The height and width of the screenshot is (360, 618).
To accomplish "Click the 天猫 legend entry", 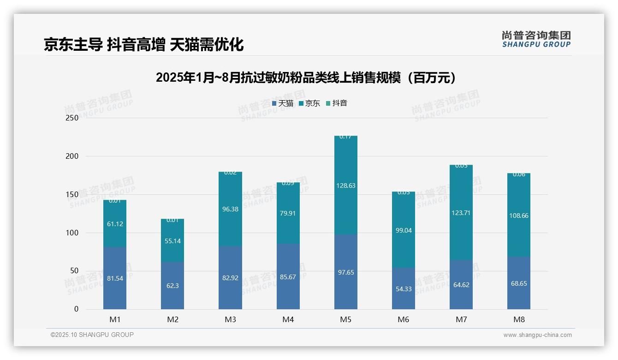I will [283, 103].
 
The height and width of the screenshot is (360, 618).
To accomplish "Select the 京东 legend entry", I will [309, 103].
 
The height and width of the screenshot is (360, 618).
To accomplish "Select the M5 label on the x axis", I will [345, 319].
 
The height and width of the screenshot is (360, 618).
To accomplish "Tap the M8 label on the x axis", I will [519, 319].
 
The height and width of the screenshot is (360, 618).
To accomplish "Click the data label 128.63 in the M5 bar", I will [346, 186].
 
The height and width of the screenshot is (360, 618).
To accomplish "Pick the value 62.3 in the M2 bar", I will [172, 286].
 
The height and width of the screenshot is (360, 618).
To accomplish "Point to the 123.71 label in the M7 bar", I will [461, 213].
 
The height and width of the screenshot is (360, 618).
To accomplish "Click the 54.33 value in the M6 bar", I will [404, 289].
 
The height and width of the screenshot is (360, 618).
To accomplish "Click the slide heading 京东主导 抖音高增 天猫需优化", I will [143, 45].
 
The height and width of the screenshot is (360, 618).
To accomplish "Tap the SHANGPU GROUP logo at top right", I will [536, 39].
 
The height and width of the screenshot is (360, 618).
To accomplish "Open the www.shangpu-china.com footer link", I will [537, 335].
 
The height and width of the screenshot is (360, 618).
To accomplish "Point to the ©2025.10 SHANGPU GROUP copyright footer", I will [92, 335].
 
